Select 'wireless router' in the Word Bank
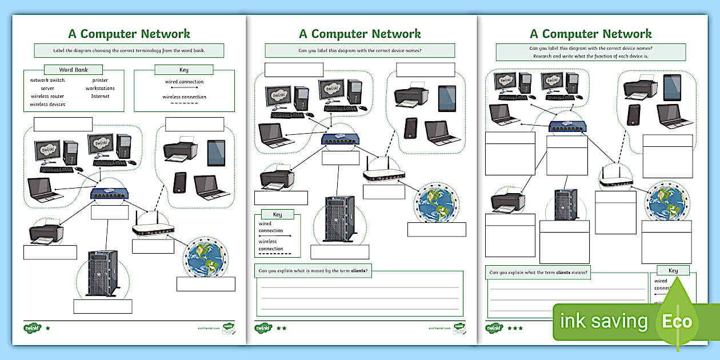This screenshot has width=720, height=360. (47, 97)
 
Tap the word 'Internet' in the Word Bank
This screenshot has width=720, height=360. (100, 97)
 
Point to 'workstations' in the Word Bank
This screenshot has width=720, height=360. (100, 89)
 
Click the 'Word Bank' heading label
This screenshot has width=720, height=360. (73, 70)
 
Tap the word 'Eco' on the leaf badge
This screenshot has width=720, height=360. (677, 321)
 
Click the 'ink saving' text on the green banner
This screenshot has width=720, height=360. (604, 321)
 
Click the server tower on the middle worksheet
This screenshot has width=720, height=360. (340, 218)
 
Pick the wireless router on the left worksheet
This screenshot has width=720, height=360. (153, 228)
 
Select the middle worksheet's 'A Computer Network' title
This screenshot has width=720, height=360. (360, 34)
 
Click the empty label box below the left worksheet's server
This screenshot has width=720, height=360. (103, 306)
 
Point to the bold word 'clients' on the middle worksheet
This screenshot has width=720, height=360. (358, 270)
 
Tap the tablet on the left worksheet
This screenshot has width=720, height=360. (216, 153)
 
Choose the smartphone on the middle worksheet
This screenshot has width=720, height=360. (410, 128)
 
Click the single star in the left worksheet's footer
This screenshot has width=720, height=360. (47, 329)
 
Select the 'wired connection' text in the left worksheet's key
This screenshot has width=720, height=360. (184, 82)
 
